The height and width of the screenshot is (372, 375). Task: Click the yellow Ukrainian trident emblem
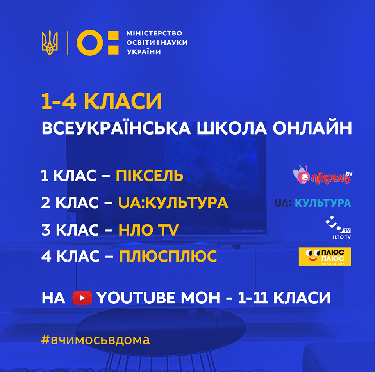pos(50,43)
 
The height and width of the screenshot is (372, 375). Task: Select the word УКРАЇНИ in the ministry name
pos(144,52)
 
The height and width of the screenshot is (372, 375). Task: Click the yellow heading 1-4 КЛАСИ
pos(102,101)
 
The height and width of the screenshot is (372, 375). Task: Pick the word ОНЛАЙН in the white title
pos(312,128)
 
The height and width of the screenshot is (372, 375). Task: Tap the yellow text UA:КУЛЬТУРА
pos(173,202)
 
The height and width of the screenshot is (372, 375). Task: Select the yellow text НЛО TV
pos(149,230)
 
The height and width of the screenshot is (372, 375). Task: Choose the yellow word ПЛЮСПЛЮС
pos(168,256)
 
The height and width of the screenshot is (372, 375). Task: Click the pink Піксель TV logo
pos(323,175)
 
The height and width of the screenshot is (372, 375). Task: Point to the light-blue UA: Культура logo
pos(313,203)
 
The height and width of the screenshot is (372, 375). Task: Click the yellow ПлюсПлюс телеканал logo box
pos(325,257)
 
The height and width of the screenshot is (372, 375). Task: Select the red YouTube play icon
pos(82,298)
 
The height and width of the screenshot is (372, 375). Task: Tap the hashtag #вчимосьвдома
pos(96,340)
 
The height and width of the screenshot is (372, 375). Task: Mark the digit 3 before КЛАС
pos(46,230)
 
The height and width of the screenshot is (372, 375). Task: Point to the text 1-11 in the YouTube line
pos(253,298)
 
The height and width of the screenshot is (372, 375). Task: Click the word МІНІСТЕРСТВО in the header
pos(154,33)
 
